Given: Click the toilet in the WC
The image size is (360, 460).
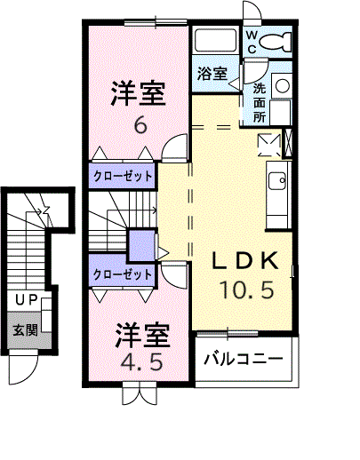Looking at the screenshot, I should point(279,39).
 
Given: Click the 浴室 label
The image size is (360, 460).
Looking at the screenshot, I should point(212,75).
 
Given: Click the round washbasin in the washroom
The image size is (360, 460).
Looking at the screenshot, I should point(281,86).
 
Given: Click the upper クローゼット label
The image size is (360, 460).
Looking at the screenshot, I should point(123,176).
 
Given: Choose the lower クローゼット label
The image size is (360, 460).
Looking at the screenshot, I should point(123,274).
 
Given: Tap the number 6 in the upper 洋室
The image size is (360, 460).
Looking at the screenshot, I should point(140,125).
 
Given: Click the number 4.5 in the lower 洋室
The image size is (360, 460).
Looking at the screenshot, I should point(140,363).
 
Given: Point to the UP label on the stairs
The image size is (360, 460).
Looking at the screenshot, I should point(25,299).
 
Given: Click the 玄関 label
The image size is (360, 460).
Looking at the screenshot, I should point(24,330).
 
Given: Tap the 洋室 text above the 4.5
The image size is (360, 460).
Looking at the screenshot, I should point(141,335).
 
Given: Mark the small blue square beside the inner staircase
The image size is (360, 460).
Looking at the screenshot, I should point(140,243).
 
